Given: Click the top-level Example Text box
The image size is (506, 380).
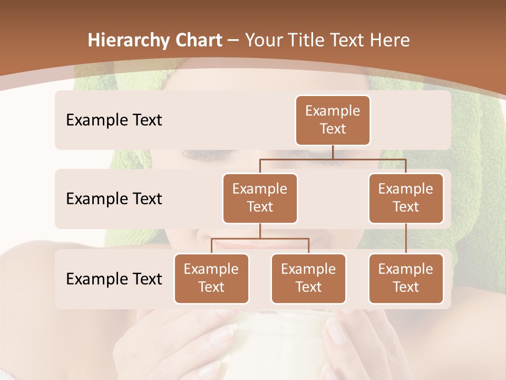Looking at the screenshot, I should click(x=333, y=120).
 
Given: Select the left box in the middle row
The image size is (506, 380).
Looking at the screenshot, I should click(x=260, y=198).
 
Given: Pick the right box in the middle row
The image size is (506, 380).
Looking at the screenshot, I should click(x=406, y=198).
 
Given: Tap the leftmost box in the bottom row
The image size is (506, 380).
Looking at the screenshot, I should click(x=211, y=278).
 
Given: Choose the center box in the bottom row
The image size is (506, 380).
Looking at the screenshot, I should click(x=308, y=278).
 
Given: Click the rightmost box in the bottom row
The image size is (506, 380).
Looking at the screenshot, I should click(x=406, y=278).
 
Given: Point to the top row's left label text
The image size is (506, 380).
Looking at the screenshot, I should click(x=114, y=120).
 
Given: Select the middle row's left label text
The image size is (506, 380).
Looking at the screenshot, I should click(x=114, y=198).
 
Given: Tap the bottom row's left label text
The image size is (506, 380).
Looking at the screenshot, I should click(x=114, y=279).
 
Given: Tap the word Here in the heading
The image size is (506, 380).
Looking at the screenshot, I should click(x=390, y=40).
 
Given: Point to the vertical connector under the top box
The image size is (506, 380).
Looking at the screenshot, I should click(x=333, y=152).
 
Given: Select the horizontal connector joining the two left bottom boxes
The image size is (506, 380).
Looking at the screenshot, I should click(x=260, y=239).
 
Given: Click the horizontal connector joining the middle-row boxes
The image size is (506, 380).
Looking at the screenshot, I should click(x=333, y=159).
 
